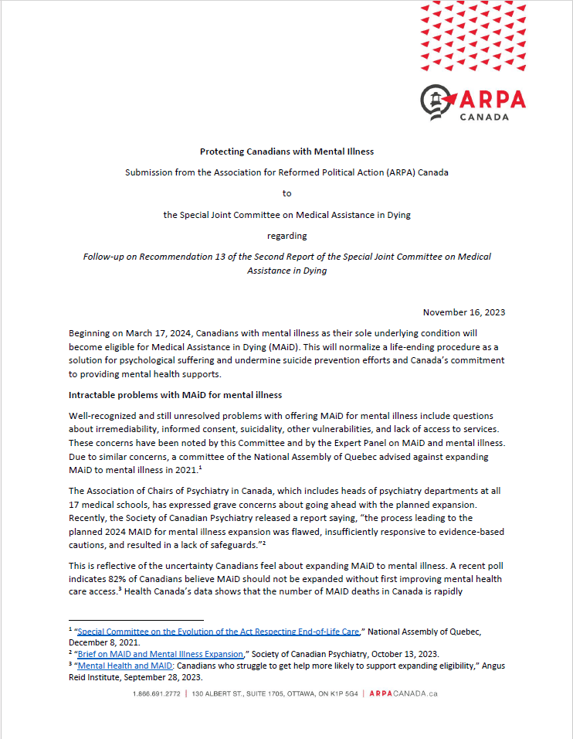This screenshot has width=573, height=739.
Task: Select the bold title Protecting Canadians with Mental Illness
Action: tap(286, 152)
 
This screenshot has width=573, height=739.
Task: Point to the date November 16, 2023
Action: tap(464, 312)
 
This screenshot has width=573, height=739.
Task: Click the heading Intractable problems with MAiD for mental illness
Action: tap(175, 395)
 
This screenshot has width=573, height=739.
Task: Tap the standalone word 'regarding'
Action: tap(286, 235)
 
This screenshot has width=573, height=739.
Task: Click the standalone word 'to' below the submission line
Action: tap(286, 193)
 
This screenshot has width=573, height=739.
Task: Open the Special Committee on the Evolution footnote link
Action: tap(219, 632)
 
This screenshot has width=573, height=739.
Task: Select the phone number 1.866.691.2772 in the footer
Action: tap(158, 693)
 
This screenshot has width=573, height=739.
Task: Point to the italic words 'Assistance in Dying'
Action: tap(286, 271)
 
